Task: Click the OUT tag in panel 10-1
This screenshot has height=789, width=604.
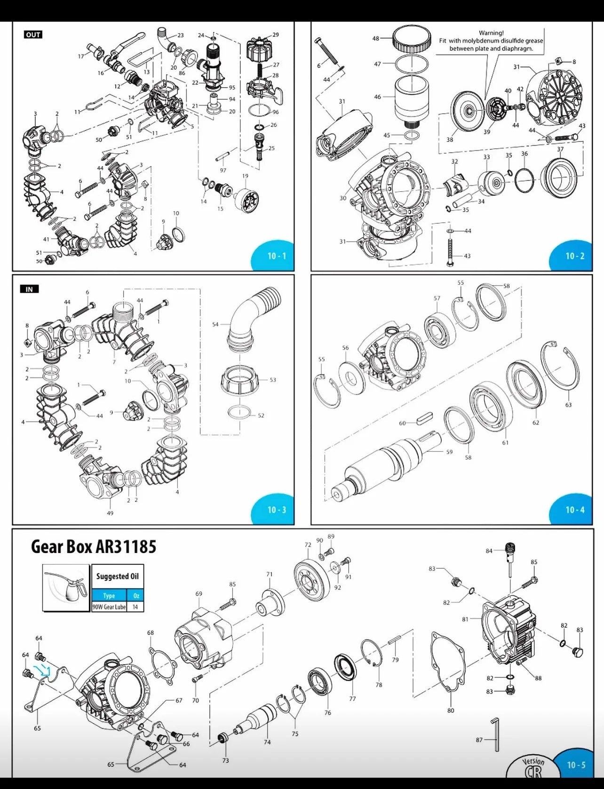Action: (x=33, y=35)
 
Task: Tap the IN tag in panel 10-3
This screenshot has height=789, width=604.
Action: (x=29, y=289)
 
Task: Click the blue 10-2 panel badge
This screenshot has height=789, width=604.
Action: (x=574, y=256)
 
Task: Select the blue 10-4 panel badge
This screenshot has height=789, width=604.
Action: (x=574, y=510)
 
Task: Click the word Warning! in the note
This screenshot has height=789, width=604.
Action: (x=491, y=33)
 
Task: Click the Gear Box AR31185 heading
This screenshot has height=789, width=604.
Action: (x=93, y=546)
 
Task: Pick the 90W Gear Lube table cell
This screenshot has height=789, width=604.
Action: (x=109, y=607)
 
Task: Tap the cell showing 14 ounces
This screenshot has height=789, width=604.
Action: (x=135, y=607)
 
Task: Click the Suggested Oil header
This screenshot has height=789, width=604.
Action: (x=117, y=576)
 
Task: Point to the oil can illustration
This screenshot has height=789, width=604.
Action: (x=66, y=587)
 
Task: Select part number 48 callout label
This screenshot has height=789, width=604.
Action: (x=375, y=39)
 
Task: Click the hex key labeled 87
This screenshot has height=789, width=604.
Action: (x=496, y=735)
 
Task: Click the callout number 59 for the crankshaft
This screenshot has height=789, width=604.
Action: (x=449, y=452)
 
